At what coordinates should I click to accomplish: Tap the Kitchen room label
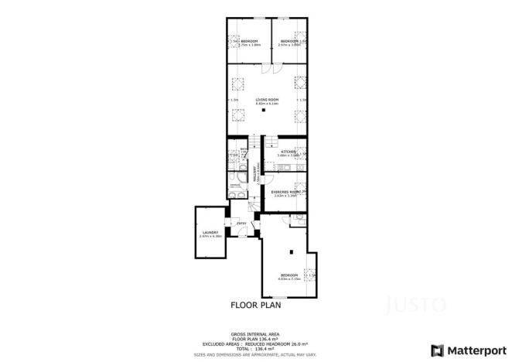(288, 152)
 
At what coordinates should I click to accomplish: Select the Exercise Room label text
(285, 192)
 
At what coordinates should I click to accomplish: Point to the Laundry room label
(210, 232)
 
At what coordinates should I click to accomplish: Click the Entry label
(241, 224)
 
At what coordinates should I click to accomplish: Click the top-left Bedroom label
(249, 41)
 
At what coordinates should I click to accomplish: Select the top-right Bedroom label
(289, 41)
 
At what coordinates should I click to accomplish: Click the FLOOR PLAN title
(256, 305)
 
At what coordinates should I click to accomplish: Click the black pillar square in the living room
(264, 111)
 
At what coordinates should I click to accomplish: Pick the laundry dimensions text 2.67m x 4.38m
(210, 236)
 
